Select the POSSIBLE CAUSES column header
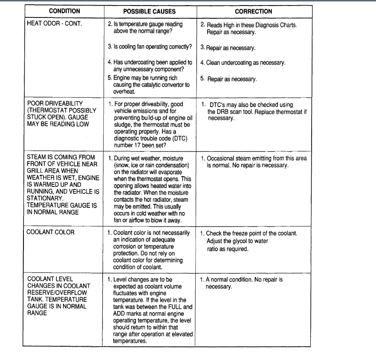tap(149, 12)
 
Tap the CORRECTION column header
tap(253, 12)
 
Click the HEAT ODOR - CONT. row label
tap(55, 24)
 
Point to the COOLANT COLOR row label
tap(50, 232)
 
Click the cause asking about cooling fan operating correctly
tap(150, 46)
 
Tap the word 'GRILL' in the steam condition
tap(35, 171)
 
